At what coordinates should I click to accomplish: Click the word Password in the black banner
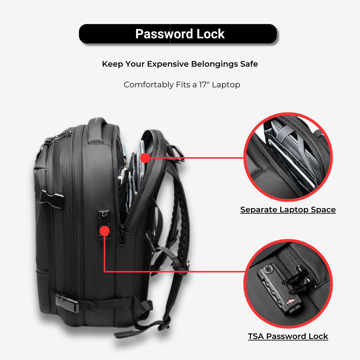pos(164,34)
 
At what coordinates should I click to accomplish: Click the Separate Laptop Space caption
pos(288,210)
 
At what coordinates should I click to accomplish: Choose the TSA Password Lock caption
pos(288,336)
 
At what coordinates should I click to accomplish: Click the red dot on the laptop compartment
pos(145,158)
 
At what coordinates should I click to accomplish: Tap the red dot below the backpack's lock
pos(104,231)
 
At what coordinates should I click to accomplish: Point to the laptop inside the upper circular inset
pos(293,160)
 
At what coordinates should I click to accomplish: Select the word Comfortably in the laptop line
pos(149,85)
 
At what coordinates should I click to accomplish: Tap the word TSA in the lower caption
pos(256,336)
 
